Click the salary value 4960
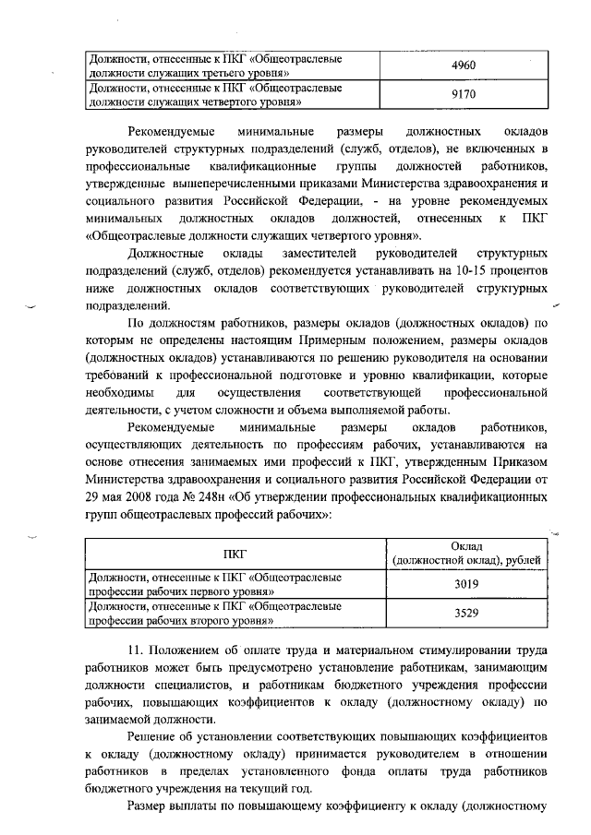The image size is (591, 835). pos(464,66)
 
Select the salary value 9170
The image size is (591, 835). pos(464,94)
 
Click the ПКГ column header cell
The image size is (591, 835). pos(235,554)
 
